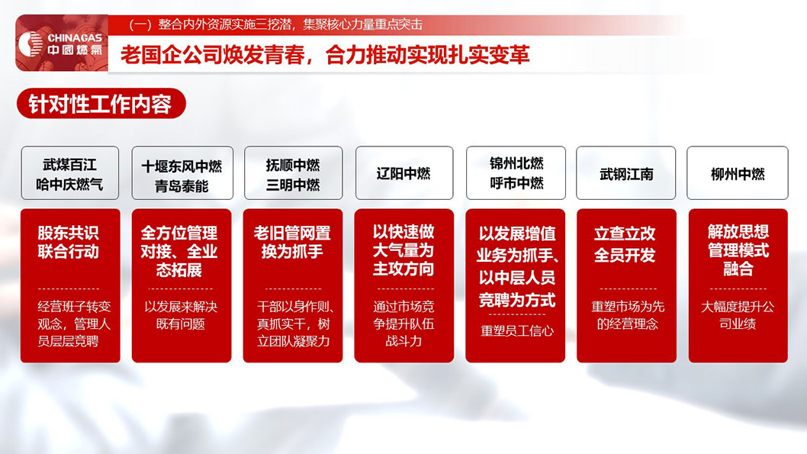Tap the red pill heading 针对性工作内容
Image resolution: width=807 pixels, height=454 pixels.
101,104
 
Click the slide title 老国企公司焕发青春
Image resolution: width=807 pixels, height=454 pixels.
325,56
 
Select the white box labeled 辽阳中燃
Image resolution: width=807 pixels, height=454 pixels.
403,173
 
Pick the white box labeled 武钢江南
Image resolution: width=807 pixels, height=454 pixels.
626,173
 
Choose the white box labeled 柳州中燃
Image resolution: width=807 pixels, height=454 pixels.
737,173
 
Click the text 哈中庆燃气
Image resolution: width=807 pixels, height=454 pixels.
69,185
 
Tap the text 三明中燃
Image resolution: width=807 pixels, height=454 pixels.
293,185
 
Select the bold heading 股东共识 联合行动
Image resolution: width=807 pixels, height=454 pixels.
69,242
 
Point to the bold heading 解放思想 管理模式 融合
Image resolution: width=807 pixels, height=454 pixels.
738,250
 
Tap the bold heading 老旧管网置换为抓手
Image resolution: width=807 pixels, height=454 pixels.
292,242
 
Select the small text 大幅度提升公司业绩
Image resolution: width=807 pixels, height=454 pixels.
738,315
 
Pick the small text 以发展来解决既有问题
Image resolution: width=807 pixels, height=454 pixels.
181,315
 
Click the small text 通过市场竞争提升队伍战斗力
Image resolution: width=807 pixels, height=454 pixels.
403,324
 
